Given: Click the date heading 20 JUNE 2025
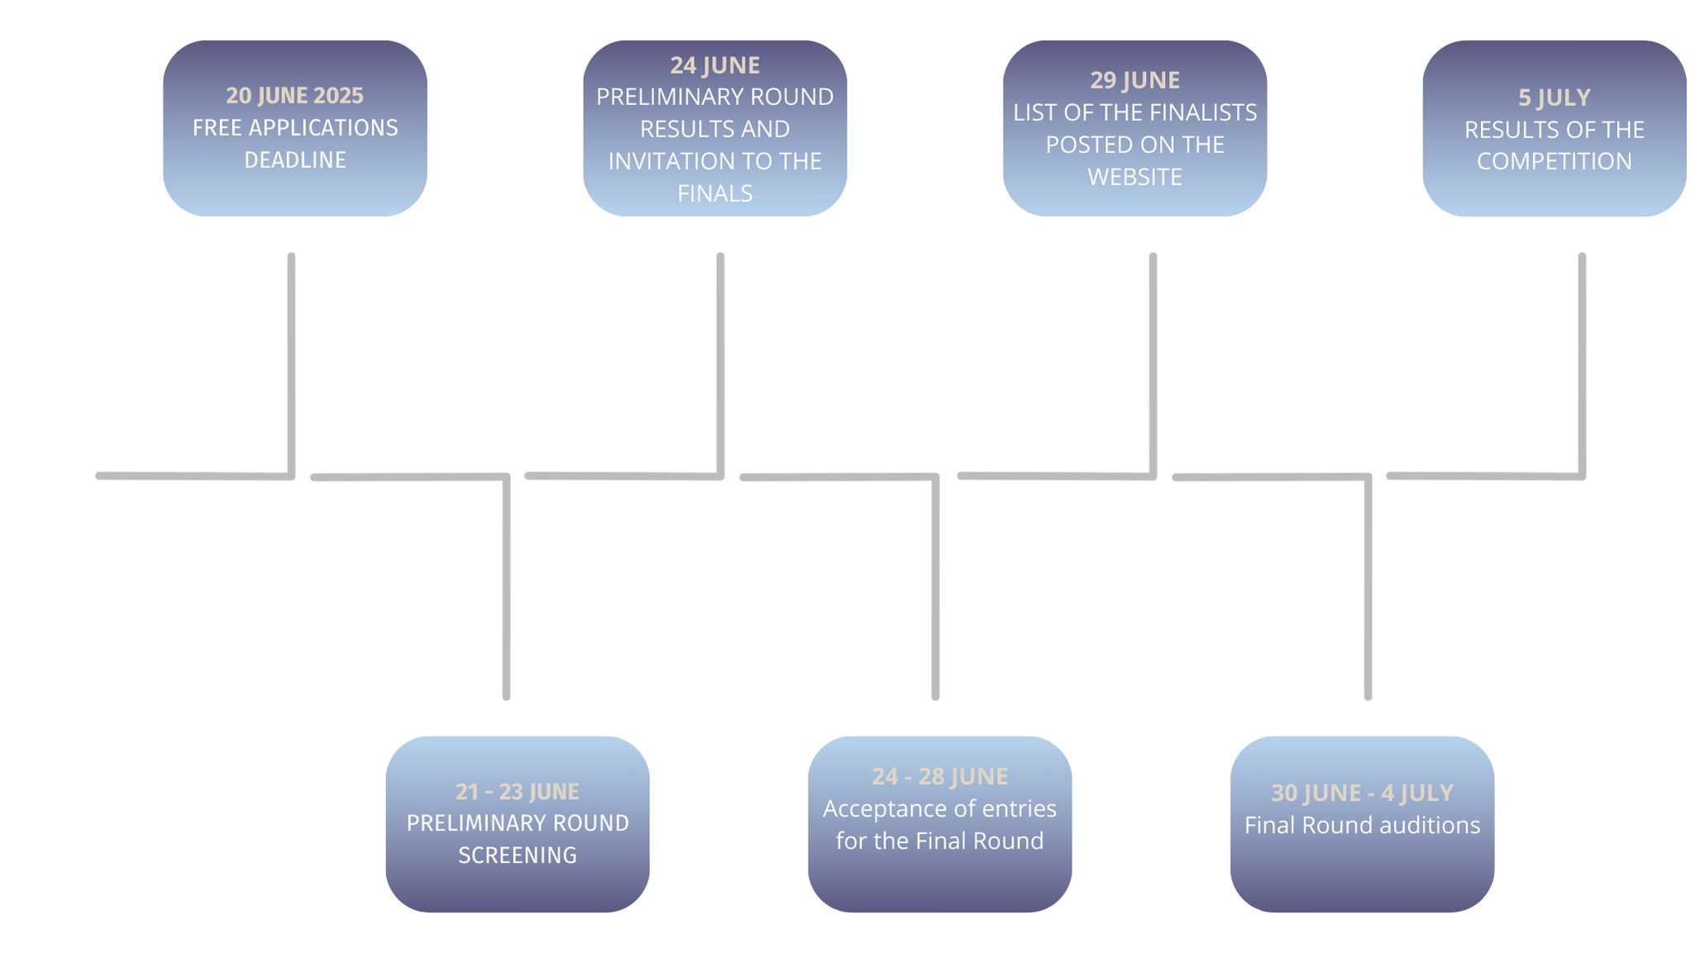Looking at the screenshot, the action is [295, 96].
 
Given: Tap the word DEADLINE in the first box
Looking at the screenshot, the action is [295, 160].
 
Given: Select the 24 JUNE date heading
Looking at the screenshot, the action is [715, 65].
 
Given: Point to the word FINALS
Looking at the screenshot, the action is [715, 194].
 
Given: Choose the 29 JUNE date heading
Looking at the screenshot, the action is [1135, 80].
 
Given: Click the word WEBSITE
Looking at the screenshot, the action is [1135, 177].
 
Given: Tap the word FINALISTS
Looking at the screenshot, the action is [1206, 113].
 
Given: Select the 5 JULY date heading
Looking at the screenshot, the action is [1554, 98].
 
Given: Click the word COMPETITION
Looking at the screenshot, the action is [1554, 161].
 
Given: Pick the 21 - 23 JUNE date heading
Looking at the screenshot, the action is [518, 792].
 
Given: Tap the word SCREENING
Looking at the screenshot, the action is [518, 855].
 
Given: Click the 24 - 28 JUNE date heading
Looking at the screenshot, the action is [940, 777].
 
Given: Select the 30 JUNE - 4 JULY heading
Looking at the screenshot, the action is [1363, 793].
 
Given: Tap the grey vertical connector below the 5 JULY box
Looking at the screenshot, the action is [1582, 365].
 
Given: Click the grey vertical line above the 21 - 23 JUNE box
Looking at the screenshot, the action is [506, 587].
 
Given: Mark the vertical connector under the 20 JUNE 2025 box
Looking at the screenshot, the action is [291, 365].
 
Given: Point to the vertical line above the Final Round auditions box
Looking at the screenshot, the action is [1368, 587].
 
